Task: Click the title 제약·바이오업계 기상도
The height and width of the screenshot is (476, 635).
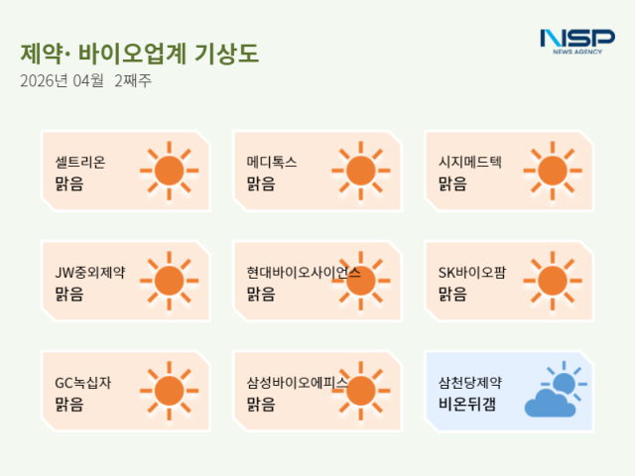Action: pos(139,54)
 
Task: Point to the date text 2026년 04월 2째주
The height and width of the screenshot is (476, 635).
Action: pos(85,81)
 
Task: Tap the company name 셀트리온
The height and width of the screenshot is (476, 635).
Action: pos(80,162)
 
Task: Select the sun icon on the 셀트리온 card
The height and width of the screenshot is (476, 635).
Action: pos(169,171)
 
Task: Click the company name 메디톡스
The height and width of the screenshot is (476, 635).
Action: pos(272,162)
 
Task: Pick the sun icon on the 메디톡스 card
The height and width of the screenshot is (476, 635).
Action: pos(360,171)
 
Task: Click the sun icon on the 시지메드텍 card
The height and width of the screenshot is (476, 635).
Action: pos(552,171)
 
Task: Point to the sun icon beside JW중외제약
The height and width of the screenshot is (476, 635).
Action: pos(169,281)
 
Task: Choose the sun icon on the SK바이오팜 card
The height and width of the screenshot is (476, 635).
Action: pos(552,281)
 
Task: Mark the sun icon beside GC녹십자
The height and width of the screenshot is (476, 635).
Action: pos(169,391)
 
